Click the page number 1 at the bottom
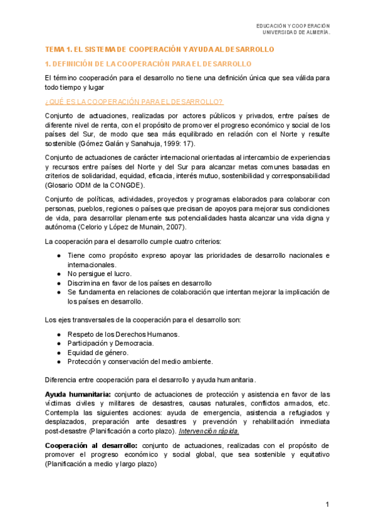coord(327,506)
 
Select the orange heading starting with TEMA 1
coord(160,49)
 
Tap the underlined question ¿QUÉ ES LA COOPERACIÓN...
coord(134,102)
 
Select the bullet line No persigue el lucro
coord(100,274)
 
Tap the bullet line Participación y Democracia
coord(111,343)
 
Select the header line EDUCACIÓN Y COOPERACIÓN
coord(293,26)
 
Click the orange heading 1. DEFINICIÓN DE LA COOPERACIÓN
coord(149,64)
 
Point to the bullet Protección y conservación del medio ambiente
coord(140,361)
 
